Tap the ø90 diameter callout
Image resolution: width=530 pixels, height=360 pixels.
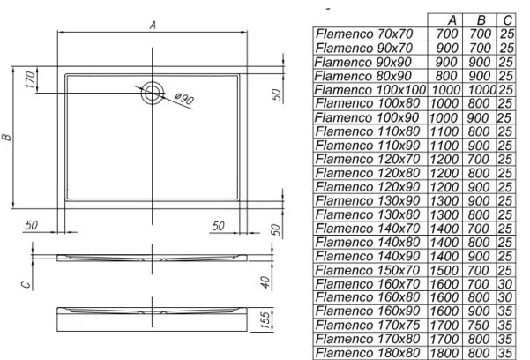tap(184, 99)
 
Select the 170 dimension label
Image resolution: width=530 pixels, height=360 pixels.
tap(30, 79)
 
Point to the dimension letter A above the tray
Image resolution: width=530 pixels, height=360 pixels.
tap(153, 25)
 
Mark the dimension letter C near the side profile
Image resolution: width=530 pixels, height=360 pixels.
tap(26, 284)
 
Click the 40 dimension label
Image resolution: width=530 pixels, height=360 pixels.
tap(266, 282)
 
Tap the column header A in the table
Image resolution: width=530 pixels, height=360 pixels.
tap(452, 20)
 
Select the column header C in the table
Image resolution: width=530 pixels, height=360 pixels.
tap(507, 20)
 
